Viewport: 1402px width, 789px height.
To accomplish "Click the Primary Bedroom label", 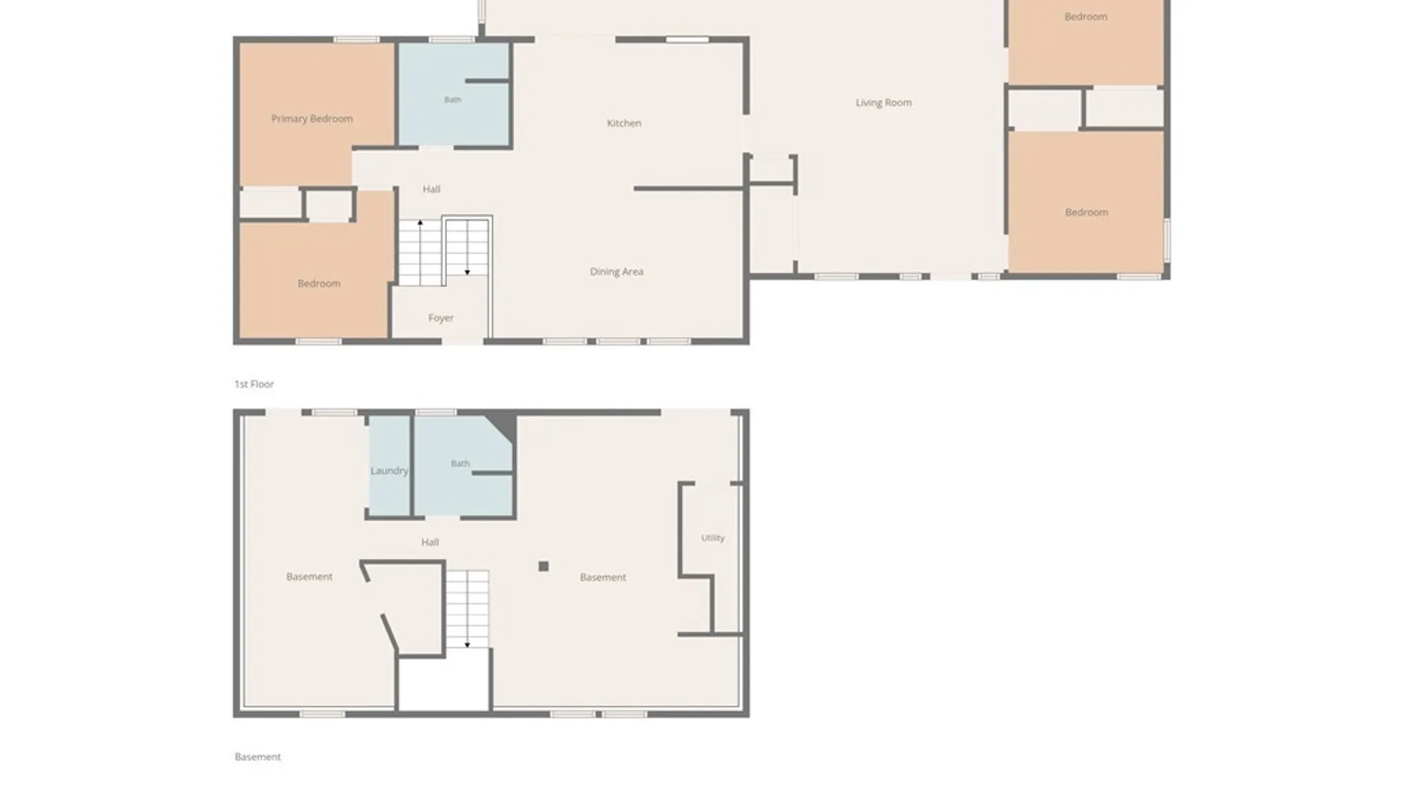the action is click(312, 118).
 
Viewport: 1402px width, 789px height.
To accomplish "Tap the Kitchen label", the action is click(624, 123).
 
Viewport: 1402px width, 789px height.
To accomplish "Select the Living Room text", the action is click(884, 103).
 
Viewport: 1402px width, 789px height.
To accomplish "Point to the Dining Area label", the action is click(616, 272).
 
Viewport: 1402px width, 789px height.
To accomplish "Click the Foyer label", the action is click(440, 318).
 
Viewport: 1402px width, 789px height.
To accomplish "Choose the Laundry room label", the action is click(389, 470).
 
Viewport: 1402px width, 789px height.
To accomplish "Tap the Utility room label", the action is click(713, 538).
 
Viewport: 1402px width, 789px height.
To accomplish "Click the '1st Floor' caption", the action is click(254, 384).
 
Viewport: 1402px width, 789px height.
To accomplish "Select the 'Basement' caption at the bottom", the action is click(258, 757).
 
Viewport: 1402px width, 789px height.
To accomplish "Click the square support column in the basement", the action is click(543, 566).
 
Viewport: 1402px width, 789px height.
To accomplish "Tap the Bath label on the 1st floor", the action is click(453, 99).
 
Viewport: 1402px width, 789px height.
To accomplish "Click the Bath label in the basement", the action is click(460, 463).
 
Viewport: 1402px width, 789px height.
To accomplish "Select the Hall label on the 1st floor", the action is click(432, 189).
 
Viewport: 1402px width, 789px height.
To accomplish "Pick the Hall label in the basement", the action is click(430, 542).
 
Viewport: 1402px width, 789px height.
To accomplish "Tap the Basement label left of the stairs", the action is click(310, 576).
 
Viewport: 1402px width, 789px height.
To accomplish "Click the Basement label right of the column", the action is click(603, 577).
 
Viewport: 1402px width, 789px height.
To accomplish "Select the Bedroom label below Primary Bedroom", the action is click(319, 283).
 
